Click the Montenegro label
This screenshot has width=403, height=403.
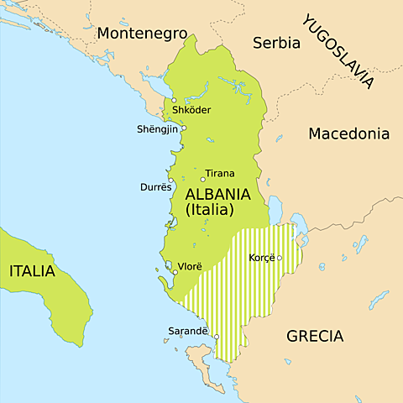pyautogui.click(x=141, y=33)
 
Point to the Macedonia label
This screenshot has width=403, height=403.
pyautogui.click(x=349, y=133)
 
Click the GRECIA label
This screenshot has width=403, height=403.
pyautogui.click(x=315, y=336)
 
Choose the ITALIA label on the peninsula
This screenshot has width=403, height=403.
pyautogui.click(x=32, y=271)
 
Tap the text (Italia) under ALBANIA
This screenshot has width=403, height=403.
pyautogui.click(x=209, y=210)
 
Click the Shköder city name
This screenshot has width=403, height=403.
pyautogui.click(x=191, y=110)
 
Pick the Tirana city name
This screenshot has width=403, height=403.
pyautogui.click(x=220, y=173)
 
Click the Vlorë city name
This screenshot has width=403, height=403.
pyautogui.click(x=190, y=266)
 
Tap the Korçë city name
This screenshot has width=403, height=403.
pyautogui.click(x=262, y=258)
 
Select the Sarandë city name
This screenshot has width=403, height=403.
pyautogui.click(x=190, y=331)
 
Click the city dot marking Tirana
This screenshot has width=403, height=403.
pyautogui.click(x=202, y=179)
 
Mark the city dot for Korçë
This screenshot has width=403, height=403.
pyautogui.click(x=280, y=258)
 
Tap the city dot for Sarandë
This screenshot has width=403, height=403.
pyautogui.click(x=216, y=338)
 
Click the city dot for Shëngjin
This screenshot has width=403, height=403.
pyautogui.click(x=183, y=128)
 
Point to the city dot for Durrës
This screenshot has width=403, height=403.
pyautogui.click(x=171, y=180)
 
